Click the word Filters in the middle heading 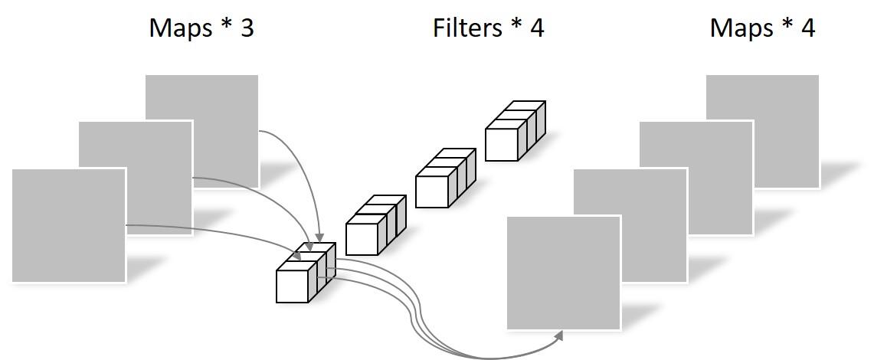tap(465, 28)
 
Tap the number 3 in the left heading tap(245, 28)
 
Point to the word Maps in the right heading tap(741, 28)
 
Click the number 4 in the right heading tap(807, 28)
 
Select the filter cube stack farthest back tap(514, 131)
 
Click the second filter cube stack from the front tap(375, 225)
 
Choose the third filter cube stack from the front tap(444, 178)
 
